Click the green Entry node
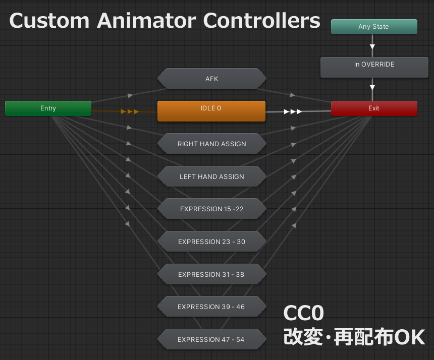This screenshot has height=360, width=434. point(48,108)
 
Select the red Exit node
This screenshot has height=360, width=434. point(374,108)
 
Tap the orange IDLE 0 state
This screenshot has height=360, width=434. point(211,111)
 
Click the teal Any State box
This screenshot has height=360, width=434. point(374,27)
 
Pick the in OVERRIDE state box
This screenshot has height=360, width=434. point(374,67)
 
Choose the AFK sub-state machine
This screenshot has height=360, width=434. point(212,79)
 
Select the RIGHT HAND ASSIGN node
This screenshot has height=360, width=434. point(212,144)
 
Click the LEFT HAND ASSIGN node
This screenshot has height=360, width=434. point(212,176)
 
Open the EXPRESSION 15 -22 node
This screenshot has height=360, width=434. point(212,209)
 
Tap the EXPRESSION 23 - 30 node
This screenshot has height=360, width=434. point(212,242)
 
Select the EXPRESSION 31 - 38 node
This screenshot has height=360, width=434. point(212,274)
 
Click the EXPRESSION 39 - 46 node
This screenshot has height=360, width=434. point(212,307)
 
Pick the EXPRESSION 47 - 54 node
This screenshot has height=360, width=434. point(212,339)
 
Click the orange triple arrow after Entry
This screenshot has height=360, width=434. point(130,112)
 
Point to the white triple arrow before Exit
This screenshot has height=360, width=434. point(293,112)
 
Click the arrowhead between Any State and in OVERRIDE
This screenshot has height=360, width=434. point(372,46)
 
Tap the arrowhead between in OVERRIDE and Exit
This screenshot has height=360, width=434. point(372,87)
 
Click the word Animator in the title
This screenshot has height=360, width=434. point(147,21)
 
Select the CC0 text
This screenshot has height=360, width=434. point(304,313)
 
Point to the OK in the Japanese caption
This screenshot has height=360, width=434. point(410,337)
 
